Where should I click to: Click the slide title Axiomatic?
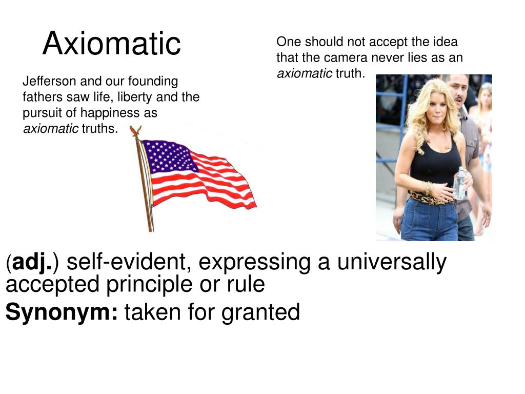pyautogui.click(x=112, y=43)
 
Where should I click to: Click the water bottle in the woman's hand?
pyautogui.click(x=459, y=183)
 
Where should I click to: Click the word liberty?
pyautogui.click(x=136, y=97)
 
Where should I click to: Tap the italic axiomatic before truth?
pyautogui.click(x=305, y=73)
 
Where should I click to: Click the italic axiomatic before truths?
pyautogui.click(x=51, y=128)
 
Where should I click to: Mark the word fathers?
pyautogui.click(x=39, y=97)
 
